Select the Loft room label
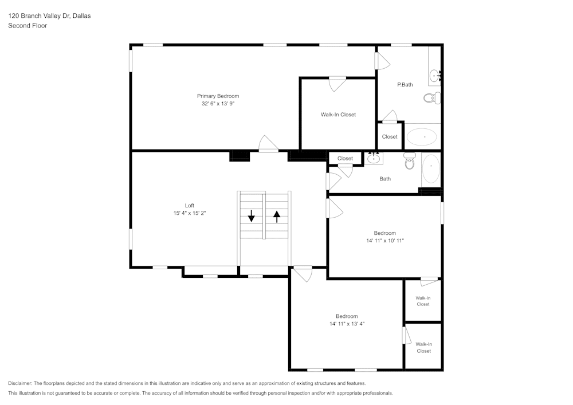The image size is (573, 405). pos(189,206)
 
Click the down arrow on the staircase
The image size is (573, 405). pos(251,216)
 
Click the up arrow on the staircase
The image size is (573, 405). pos(277,216)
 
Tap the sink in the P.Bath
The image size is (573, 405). pos(435,75)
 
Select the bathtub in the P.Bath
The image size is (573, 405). pos(422,137)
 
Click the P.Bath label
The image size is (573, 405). pos(405,85)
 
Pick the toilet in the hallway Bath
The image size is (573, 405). pos(409,162)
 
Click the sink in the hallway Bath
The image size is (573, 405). pos(374,158)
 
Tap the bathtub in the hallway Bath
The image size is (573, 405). pos(430,170)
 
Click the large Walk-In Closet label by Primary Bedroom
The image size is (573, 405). pos(338,115)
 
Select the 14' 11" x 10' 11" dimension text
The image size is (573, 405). pos(385,241)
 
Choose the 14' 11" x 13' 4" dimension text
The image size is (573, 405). pos(347,324)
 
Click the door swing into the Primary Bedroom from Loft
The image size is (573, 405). pos(268,144)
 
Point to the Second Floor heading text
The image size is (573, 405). pos(28,26)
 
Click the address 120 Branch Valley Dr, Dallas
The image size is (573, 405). pos(49,16)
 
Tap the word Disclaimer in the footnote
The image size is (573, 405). pos(20,383)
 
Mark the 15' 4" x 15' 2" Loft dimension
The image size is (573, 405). pos(189,213)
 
